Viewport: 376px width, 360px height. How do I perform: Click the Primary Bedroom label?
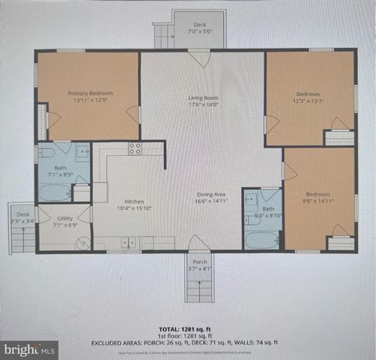pyautogui.click(x=88, y=94)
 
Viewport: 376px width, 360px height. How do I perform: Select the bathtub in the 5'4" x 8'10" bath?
pyautogui.click(x=262, y=240)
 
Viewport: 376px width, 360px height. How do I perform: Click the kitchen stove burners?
pyautogui.click(x=135, y=148)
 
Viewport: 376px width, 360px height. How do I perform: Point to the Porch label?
pyautogui.click(x=199, y=262)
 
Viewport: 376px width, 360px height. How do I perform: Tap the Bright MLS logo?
pyautogui.click(x=29, y=349)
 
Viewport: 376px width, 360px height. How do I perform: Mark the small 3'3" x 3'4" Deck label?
pyautogui.click(x=23, y=217)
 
